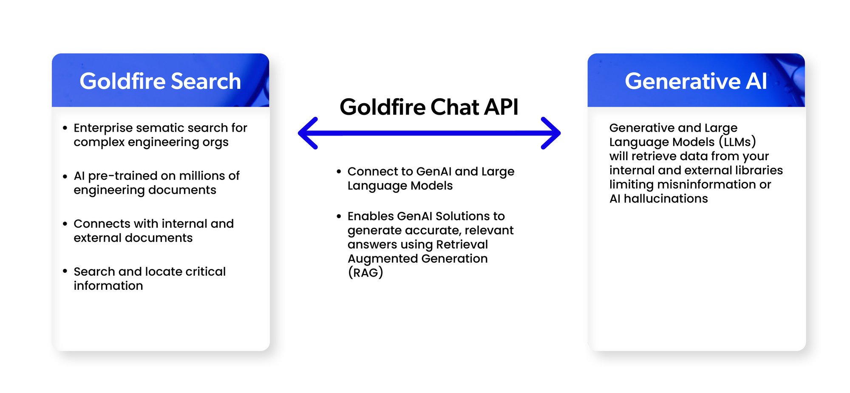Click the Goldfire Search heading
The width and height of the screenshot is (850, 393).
tap(160, 81)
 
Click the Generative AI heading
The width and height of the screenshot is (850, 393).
tap(696, 81)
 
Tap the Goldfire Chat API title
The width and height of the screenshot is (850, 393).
tap(429, 107)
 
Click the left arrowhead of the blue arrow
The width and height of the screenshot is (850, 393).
tap(307, 133)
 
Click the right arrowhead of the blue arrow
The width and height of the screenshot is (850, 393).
tap(552, 133)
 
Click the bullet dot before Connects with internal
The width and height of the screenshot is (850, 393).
tap(65, 224)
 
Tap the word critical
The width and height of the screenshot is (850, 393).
tap(205, 271)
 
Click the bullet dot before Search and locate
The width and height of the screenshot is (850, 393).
tap(65, 271)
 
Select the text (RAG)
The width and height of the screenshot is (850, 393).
tap(365, 273)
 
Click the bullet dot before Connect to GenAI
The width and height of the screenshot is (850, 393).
tap(339, 172)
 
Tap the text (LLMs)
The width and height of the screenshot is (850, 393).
tap(737, 142)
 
